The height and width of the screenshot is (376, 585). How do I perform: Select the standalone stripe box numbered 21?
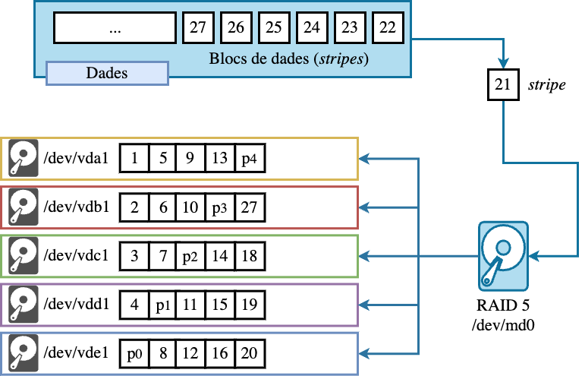point(502,85)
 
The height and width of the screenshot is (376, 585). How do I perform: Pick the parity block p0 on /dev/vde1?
point(134,353)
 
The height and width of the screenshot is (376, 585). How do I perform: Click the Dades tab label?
point(107,73)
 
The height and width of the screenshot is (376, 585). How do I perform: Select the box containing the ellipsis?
point(115,29)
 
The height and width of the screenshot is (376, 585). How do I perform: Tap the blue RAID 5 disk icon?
point(502,255)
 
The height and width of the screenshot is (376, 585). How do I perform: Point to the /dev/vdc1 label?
point(77,255)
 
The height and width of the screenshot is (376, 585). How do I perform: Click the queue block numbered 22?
point(388,29)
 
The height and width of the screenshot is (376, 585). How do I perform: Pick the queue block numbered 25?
point(274,29)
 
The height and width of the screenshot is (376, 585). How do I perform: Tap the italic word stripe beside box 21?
point(546,85)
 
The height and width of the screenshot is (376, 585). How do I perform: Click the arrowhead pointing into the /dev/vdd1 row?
point(365,305)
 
